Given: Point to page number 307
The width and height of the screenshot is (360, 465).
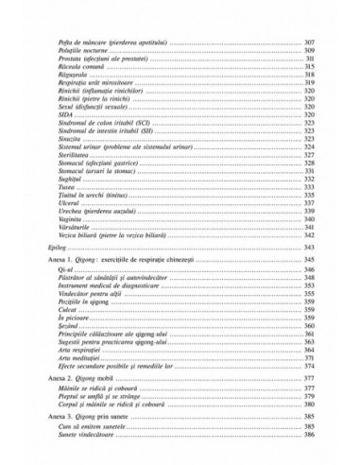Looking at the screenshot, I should (309, 44).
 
